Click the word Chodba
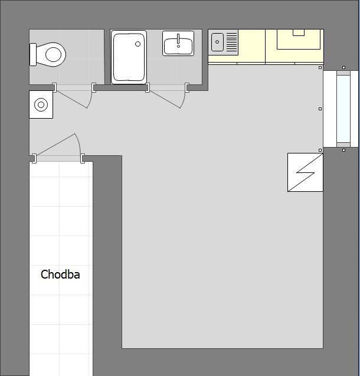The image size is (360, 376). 60,274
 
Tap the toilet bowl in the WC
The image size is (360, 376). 54,55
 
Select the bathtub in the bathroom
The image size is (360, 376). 129,57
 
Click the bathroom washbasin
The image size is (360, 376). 178,44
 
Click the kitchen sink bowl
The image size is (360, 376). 217,42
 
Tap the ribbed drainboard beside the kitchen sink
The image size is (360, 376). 231,42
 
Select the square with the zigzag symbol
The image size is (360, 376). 305,172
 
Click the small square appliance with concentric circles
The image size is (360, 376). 41,105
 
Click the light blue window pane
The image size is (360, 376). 343,109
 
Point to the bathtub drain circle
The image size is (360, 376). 138,44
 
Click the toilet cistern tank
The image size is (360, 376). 33,54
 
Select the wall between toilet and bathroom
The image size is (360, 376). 107,57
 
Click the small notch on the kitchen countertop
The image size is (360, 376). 299,32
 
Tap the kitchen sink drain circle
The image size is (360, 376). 217,42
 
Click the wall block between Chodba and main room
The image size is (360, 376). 107,254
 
